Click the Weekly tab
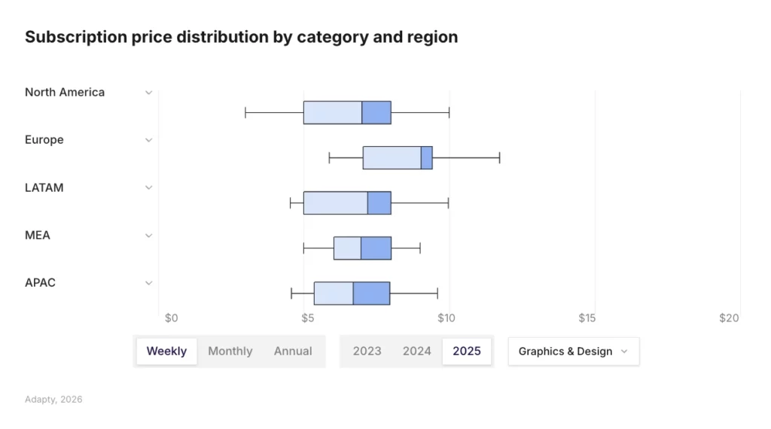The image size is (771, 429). [166, 351]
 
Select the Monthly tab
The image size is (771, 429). [230, 351]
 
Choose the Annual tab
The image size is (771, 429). [293, 351]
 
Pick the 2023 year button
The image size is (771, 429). [367, 351]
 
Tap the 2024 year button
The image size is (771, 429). [417, 351]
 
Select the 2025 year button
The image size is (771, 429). [467, 351]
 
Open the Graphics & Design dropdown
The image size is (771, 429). [573, 351]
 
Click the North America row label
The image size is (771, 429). [65, 93]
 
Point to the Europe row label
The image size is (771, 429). [44, 140]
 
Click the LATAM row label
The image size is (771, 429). [44, 188]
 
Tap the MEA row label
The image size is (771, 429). [38, 236]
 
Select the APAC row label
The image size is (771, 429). [41, 283]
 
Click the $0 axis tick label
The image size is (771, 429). [171, 318]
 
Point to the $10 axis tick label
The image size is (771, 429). [446, 318]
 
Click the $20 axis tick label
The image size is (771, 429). [729, 318]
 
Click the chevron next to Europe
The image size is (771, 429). [149, 140]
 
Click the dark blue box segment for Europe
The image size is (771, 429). [426, 158]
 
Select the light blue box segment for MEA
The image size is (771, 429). [347, 248]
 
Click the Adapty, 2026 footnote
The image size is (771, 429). [53, 400]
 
